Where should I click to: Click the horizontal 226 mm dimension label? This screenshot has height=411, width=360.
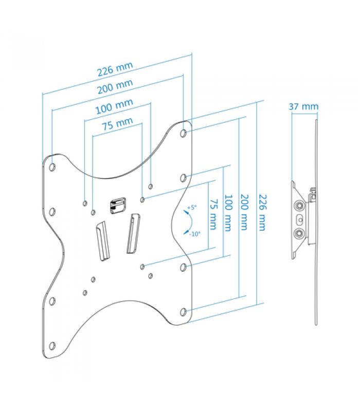click(x=115, y=69)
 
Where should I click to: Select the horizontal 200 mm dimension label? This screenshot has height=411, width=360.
click(x=115, y=86)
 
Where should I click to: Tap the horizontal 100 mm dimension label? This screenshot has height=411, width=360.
click(x=114, y=106)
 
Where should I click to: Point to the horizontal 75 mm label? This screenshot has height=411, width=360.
click(x=117, y=123)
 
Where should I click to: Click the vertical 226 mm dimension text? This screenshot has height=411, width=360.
click(x=262, y=212)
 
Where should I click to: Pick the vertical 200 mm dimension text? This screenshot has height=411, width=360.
click(x=244, y=212)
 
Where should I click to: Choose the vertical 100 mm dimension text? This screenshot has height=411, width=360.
click(x=228, y=213)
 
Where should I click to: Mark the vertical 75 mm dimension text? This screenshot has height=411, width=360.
click(x=213, y=215)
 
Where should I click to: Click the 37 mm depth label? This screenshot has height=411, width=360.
click(x=304, y=106)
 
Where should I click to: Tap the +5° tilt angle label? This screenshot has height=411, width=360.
click(x=192, y=208)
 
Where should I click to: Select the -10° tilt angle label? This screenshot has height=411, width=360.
click(x=195, y=234)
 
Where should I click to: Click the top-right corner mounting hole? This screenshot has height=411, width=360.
click(x=184, y=133)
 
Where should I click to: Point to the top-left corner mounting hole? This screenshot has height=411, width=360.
click(x=52, y=166)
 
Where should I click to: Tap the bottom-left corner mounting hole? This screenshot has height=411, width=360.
click(x=52, y=346)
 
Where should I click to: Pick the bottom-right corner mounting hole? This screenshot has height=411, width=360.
click(x=184, y=312)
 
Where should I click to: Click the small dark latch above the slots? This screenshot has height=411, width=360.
click(x=118, y=206)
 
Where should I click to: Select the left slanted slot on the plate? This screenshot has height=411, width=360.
click(x=103, y=241)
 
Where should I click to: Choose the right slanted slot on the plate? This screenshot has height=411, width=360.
click(x=133, y=234)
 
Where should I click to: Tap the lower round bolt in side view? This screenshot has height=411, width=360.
click(x=299, y=233)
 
